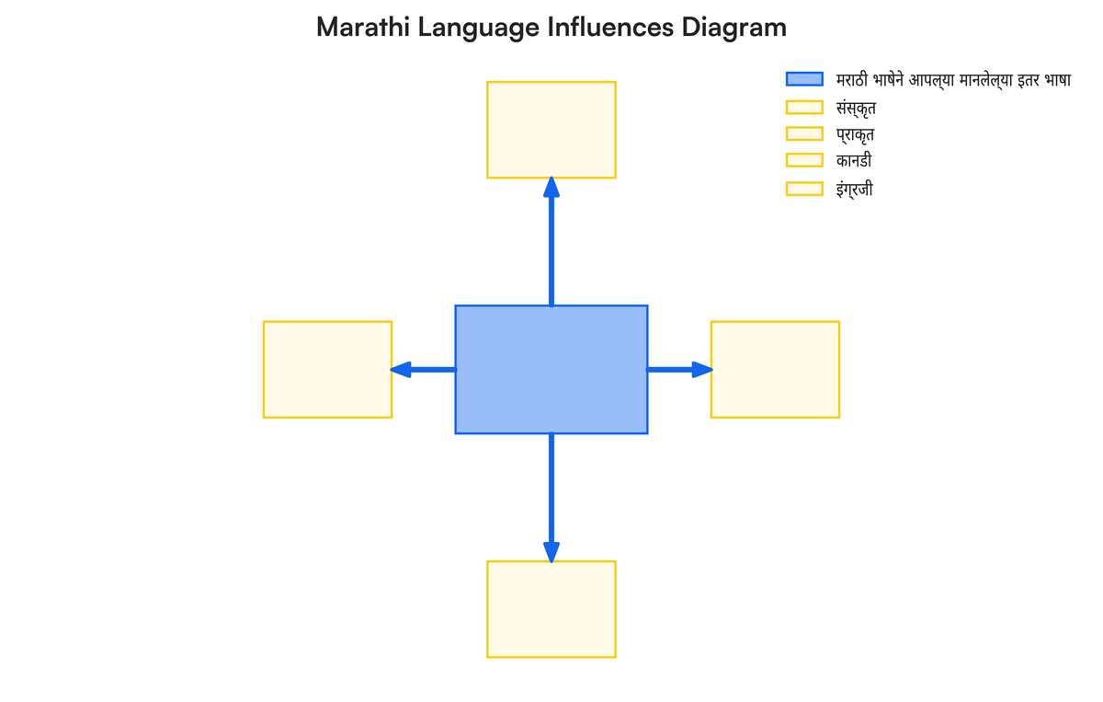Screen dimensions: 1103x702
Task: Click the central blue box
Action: coord(551,370)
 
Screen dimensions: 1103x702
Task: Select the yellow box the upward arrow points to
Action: coord(551,130)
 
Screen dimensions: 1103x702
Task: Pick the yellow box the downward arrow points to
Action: coord(551,609)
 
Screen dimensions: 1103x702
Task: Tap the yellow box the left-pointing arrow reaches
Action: coord(327,370)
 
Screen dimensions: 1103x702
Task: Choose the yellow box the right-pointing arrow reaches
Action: coord(775,370)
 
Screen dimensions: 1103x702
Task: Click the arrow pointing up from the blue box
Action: coord(551,242)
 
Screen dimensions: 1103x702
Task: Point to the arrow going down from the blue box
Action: coord(551,498)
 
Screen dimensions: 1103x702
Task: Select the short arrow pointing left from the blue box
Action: coord(424,369)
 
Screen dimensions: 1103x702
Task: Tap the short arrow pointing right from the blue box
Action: coord(679,369)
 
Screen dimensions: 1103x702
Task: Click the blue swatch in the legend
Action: coord(804,79)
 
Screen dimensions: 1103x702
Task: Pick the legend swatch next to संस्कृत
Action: coord(804,107)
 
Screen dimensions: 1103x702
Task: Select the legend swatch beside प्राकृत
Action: coord(804,133)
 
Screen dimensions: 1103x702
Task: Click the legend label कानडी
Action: coord(854,161)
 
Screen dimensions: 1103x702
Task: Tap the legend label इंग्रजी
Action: coord(854,189)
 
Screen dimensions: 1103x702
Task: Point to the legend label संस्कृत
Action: coord(856,108)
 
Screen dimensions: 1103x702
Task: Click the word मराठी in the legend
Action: coord(852,79)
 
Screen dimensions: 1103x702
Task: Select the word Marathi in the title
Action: coord(363,27)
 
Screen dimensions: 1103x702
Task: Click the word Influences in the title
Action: coord(610,27)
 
